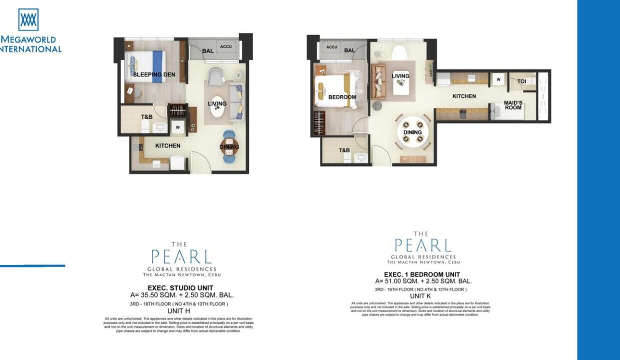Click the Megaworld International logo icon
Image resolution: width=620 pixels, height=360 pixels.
click(x=28, y=19)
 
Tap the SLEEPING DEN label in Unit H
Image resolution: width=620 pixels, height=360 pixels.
click(x=154, y=75)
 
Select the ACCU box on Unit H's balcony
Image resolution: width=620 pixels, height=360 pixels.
click(x=225, y=46)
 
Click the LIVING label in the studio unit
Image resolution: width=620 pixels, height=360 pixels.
click(x=217, y=104)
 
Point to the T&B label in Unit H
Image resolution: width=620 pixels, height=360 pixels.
click(x=146, y=117)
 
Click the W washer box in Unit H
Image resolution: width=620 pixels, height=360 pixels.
click(x=177, y=127)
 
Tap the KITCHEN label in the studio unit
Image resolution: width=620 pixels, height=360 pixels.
click(x=167, y=146)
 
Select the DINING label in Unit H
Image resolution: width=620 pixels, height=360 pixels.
click(x=229, y=147)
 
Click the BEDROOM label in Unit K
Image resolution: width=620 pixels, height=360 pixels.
click(x=342, y=97)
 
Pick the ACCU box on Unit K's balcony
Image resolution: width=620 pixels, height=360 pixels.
click(x=332, y=47)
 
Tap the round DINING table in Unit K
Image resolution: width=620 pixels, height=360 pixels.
click(x=412, y=132)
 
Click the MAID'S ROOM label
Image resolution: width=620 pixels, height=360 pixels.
click(x=513, y=105)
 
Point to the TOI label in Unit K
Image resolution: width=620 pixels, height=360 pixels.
click(x=521, y=81)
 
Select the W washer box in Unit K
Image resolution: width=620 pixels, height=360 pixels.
click(x=498, y=79)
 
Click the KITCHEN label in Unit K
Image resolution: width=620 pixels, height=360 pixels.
click(x=464, y=96)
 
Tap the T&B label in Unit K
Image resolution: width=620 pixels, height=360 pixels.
click(x=344, y=150)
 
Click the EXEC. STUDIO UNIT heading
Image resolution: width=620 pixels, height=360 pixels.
click(x=180, y=288)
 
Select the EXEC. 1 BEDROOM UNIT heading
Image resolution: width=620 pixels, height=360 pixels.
click(x=422, y=274)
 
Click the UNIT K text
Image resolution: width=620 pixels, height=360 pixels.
click(x=420, y=296)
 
